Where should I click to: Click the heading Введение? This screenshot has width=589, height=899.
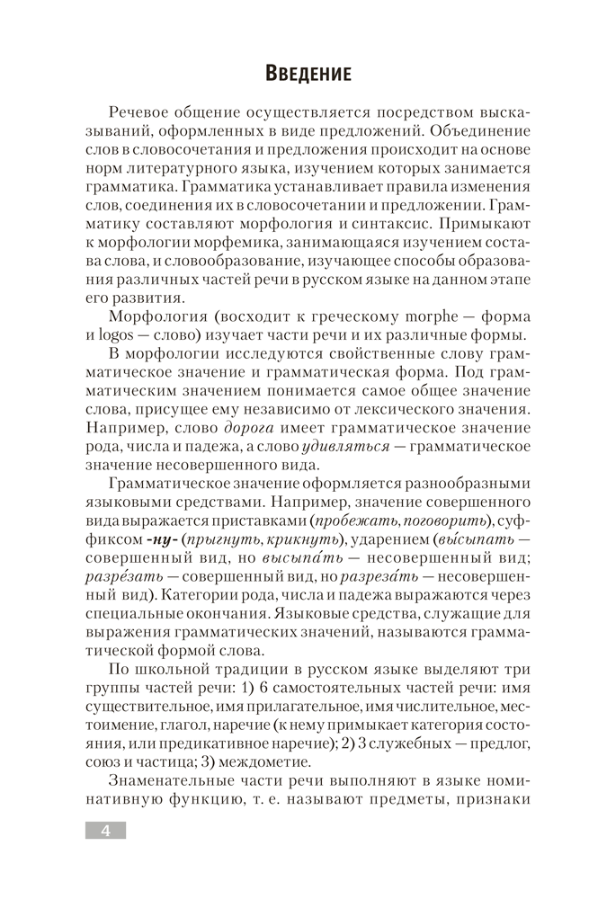coord(294,71)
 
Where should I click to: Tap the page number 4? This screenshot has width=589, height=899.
coord(105,830)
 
